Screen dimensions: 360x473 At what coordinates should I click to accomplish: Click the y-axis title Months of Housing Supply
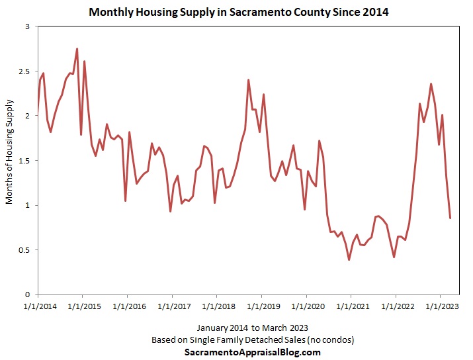[x=9, y=152]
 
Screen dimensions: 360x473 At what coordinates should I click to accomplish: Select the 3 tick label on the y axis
[x=28, y=26]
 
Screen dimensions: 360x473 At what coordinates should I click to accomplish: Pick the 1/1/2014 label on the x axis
[x=38, y=306]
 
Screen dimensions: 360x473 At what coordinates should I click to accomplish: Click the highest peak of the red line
[x=77, y=48]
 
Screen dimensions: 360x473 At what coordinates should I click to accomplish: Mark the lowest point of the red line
[x=349, y=259]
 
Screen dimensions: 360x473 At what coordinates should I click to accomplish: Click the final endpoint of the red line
[x=451, y=218]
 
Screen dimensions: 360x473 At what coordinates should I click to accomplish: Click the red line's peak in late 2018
[x=248, y=80]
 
